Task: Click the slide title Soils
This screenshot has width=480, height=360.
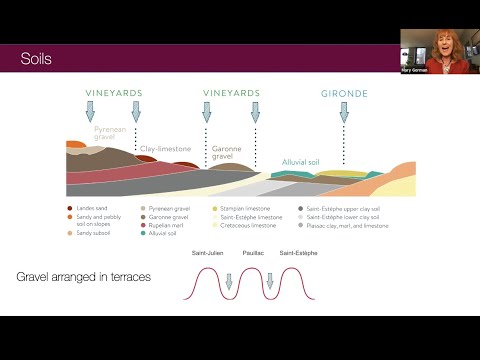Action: coord(38,60)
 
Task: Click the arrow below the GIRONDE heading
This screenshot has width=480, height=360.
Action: coord(343,111)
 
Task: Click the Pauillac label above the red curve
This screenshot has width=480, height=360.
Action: coord(253,254)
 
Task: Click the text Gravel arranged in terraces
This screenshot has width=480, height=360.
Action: coord(85,275)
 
